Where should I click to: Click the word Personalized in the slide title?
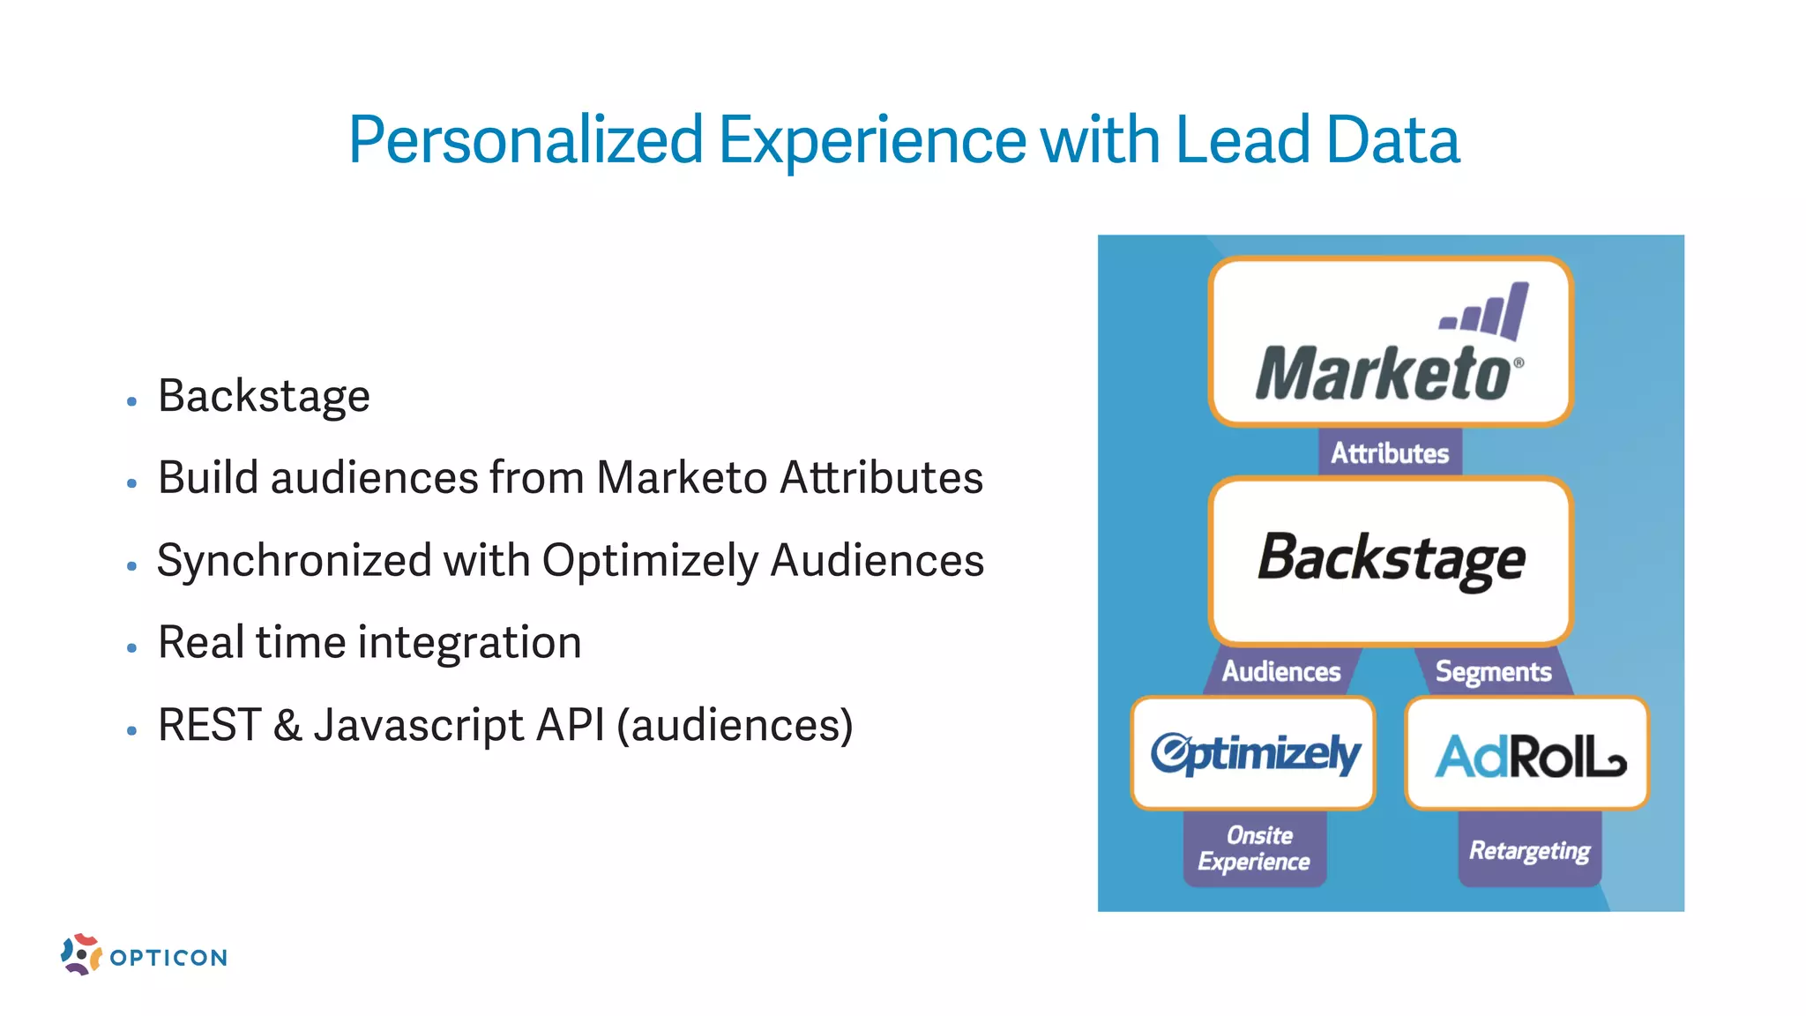[526, 141]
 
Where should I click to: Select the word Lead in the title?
[1243, 141]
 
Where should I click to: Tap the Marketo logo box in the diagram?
[1390, 342]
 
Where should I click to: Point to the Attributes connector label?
[1390, 453]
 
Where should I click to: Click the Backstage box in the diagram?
[1391, 561]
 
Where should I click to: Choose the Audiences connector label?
[1280, 672]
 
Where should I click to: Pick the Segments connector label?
[1493, 672]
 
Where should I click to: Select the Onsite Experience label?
[1254, 848]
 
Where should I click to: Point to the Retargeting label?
[1529, 851]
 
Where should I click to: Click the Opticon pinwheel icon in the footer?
[81, 954]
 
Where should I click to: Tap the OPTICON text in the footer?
[168, 958]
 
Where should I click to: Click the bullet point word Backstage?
[264, 396]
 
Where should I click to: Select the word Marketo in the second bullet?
[682, 478]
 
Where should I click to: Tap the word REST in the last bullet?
[209, 725]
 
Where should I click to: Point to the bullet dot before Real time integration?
[132, 648]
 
